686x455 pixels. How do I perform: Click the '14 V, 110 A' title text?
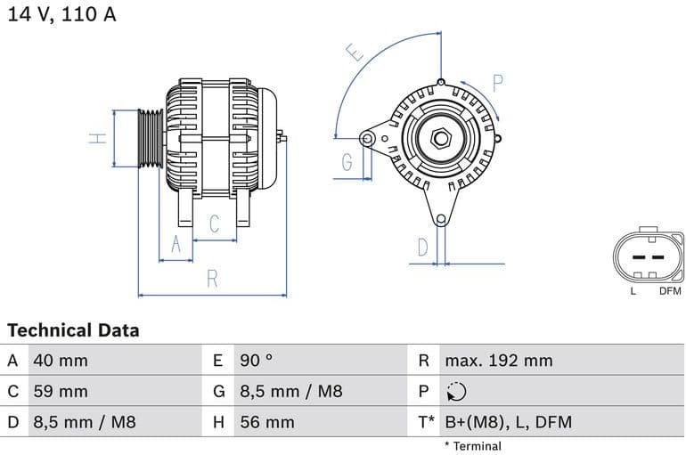click(x=61, y=15)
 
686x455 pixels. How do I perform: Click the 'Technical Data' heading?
click(x=73, y=330)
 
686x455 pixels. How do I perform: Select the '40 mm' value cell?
click(x=61, y=361)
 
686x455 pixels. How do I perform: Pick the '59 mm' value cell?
click(x=61, y=392)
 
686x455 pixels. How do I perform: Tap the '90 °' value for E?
click(x=257, y=361)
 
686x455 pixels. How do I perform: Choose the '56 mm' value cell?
click(x=267, y=422)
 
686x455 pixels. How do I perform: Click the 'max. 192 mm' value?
click(x=499, y=361)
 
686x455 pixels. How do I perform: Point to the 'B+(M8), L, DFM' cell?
click(x=508, y=422)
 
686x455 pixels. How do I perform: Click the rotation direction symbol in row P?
click(x=455, y=392)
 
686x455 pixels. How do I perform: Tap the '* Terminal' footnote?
click(x=472, y=446)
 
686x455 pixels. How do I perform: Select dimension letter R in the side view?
click(x=212, y=279)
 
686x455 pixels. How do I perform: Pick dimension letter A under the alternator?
click(x=176, y=244)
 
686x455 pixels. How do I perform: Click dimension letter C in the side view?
click(x=215, y=224)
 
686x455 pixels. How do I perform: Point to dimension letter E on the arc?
click(x=355, y=53)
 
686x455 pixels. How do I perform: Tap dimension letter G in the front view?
click(x=347, y=162)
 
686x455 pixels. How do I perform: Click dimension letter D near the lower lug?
click(x=423, y=247)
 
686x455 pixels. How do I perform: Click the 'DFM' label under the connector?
click(x=669, y=291)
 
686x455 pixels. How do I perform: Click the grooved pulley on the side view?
click(x=150, y=138)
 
